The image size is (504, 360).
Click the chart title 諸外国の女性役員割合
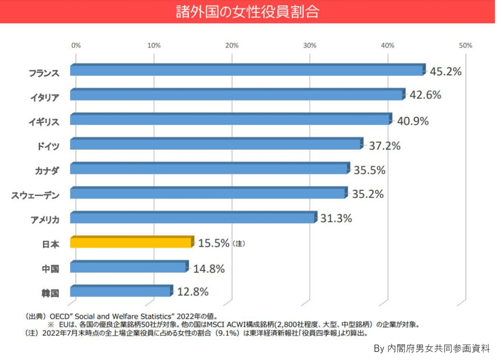(x=247, y=12)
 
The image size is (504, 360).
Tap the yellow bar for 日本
(x=132, y=243)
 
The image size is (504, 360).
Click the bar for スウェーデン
(x=208, y=193)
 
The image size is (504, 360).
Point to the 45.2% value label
(x=445, y=72)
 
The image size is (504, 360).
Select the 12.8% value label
(x=193, y=292)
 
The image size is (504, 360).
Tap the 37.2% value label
(x=385, y=146)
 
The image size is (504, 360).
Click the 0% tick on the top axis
(x=76, y=45)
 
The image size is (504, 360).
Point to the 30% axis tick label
(x=310, y=45)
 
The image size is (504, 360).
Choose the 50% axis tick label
(x=465, y=45)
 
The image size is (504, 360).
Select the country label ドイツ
(x=47, y=145)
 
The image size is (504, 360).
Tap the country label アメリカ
(x=45, y=219)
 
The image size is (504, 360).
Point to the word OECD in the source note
(x=59, y=316)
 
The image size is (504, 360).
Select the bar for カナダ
(x=209, y=169)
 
